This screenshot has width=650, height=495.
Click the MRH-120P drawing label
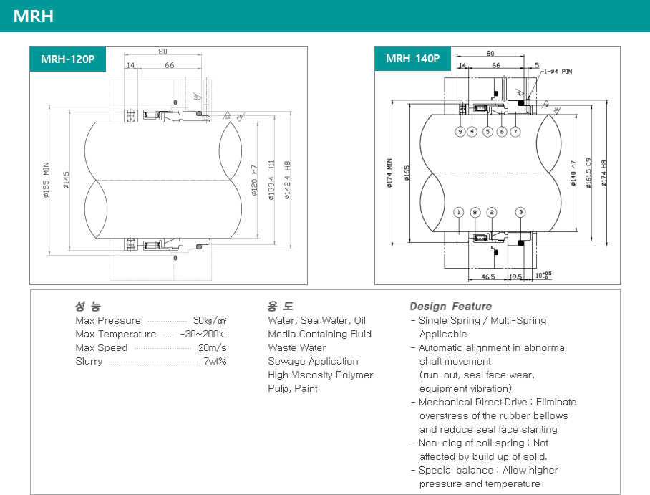(67, 59)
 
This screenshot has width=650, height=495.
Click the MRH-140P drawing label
(412, 59)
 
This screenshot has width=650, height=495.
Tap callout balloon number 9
(460, 132)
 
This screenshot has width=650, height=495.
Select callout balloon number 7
(515, 132)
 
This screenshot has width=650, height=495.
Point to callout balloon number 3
(520, 212)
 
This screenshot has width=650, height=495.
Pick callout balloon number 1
(458, 212)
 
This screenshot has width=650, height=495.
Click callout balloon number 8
(475, 212)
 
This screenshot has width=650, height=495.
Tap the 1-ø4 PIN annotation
(558, 72)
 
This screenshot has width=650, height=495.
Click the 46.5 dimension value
(488, 276)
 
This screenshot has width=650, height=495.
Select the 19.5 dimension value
(515, 276)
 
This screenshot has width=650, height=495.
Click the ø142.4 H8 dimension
(287, 181)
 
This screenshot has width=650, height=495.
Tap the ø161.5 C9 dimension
(588, 172)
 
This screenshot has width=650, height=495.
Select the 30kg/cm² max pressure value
(210, 320)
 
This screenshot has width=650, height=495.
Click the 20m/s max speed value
(213, 347)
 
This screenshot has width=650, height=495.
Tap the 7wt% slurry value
(215, 361)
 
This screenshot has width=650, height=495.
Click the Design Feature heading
(450, 306)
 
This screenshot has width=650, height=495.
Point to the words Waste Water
(296, 347)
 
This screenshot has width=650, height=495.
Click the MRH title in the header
(34, 16)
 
